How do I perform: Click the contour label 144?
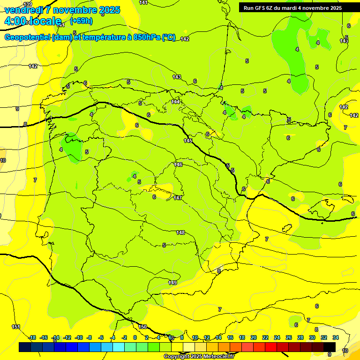click(x=176, y=102)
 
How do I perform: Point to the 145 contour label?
click(x=188, y=141)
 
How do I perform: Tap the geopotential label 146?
click(x=178, y=165)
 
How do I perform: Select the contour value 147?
click(x=178, y=198)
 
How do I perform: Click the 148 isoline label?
click(x=180, y=232)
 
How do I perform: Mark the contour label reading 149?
click(x=172, y=283)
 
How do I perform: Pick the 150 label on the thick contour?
click(x=142, y=327)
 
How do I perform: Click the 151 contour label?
click(x=16, y=327)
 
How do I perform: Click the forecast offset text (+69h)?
click(x=81, y=21)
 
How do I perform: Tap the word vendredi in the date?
click(x=24, y=10)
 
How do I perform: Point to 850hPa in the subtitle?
click(x=147, y=37)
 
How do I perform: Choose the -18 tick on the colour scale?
click(x=32, y=337)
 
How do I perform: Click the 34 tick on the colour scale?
click(x=336, y=337)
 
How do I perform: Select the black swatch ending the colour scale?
click(x=329, y=347)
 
